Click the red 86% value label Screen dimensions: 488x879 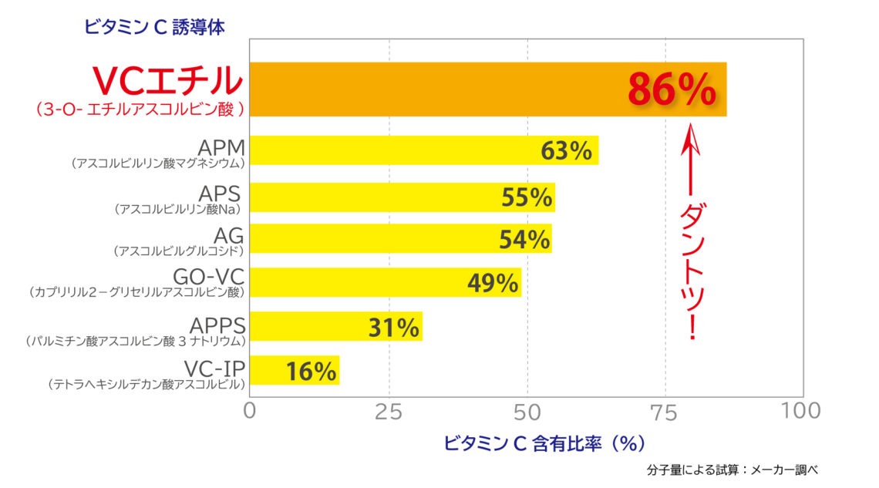click(x=672, y=90)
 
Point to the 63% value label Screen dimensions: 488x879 click(x=566, y=150)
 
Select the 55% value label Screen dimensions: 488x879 click(x=527, y=197)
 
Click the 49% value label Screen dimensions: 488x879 click(x=493, y=283)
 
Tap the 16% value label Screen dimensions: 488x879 click(x=312, y=372)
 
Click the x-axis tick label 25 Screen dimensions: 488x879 click(x=389, y=411)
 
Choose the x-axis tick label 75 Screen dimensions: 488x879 click(x=665, y=411)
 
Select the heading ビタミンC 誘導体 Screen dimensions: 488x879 click(x=154, y=28)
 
